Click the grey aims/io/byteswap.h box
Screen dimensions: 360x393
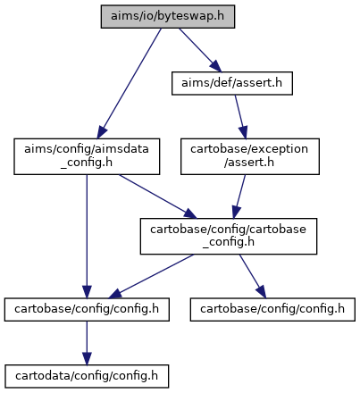click(168, 17)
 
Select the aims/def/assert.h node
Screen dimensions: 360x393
click(232, 83)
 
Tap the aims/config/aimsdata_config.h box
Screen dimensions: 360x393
click(87, 156)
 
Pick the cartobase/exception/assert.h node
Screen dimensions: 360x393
click(250, 156)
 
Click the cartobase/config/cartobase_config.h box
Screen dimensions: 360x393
click(229, 236)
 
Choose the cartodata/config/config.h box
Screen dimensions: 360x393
click(87, 376)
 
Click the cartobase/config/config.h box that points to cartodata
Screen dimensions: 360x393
click(87, 309)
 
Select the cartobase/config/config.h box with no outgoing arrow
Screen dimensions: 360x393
click(272, 309)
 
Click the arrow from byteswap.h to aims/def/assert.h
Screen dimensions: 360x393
click(200, 50)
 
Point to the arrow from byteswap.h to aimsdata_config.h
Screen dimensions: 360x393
click(130, 83)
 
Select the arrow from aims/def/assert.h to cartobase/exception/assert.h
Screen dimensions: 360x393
click(240, 117)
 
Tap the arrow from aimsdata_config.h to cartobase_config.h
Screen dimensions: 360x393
click(158, 196)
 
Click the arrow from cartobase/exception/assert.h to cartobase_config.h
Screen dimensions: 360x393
click(239, 196)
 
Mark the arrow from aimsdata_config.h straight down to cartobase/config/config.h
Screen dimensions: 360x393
click(87, 236)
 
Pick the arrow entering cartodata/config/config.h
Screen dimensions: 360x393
click(87, 343)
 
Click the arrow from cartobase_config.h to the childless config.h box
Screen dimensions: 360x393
click(253, 276)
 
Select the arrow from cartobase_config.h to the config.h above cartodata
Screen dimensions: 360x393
click(151, 276)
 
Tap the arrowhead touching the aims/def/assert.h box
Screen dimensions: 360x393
click(215, 66)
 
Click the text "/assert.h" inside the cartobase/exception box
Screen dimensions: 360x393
click(249, 163)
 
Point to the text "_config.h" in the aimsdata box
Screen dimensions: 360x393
click(87, 163)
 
